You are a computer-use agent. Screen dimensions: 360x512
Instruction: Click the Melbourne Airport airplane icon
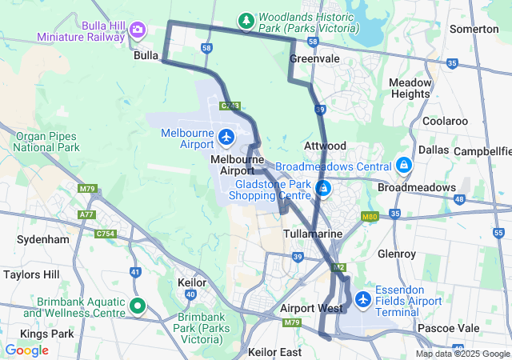(x=226, y=138)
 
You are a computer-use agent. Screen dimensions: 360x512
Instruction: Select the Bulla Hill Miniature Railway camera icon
(x=138, y=30)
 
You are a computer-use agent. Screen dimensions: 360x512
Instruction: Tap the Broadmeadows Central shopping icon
(x=404, y=166)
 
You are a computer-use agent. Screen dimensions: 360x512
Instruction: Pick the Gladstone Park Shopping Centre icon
(x=324, y=189)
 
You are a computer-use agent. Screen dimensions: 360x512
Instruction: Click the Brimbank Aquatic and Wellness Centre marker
(x=138, y=305)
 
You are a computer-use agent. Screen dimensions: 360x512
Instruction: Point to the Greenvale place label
(x=314, y=59)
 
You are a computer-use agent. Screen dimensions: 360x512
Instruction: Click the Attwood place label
(x=325, y=146)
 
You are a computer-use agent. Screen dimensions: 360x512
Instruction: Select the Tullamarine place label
(x=314, y=234)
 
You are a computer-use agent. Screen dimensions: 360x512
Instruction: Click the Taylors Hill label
(x=31, y=274)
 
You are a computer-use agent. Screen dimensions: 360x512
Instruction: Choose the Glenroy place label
(x=397, y=254)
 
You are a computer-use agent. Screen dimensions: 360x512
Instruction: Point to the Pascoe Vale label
(x=448, y=328)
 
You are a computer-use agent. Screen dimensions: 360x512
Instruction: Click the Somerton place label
(x=474, y=29)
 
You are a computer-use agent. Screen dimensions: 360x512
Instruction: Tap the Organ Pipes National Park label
(x=47, y=142)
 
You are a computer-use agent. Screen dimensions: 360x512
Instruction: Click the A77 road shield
(x=86, y=214)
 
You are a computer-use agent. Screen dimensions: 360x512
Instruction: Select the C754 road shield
(x=106, y=234)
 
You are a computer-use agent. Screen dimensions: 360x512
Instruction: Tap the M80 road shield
(x=369, y=216)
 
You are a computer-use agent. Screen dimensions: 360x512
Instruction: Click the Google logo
(x=26, y=350)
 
